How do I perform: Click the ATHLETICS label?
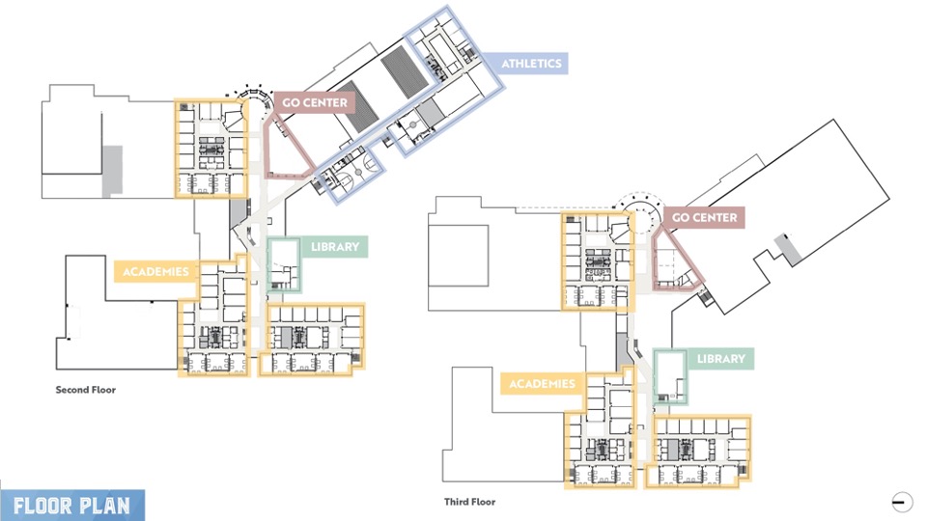pos(531,64)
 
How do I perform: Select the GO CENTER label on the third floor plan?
pos(704,217)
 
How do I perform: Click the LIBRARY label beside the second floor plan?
pos(334,247)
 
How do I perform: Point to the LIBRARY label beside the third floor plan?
pos(720,359)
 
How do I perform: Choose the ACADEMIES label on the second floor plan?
pos(155,271)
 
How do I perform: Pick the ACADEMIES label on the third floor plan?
pos(542,384)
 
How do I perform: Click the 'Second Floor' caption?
pos(85,390)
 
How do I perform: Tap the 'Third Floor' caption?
pos(470,502)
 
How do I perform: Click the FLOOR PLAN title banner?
pos(71,506)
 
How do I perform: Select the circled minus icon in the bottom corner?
pos(902,501)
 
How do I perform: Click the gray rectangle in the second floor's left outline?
pos(113,172)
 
